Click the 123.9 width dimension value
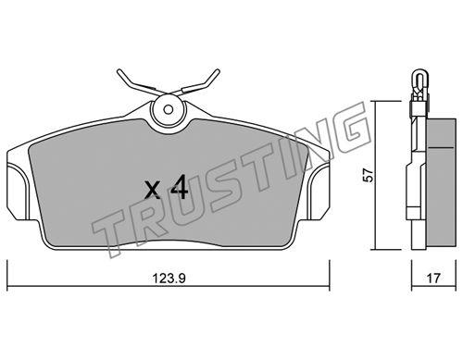click(169, 279)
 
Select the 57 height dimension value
click(369, 175)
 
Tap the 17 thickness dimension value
click(433, 279)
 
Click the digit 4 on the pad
click(180, 187)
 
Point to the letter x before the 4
click(153, 190)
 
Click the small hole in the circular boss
click(169, 109)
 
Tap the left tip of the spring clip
click(119, 71)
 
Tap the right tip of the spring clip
click(218, 71)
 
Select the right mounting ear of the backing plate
click(319, 192)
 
